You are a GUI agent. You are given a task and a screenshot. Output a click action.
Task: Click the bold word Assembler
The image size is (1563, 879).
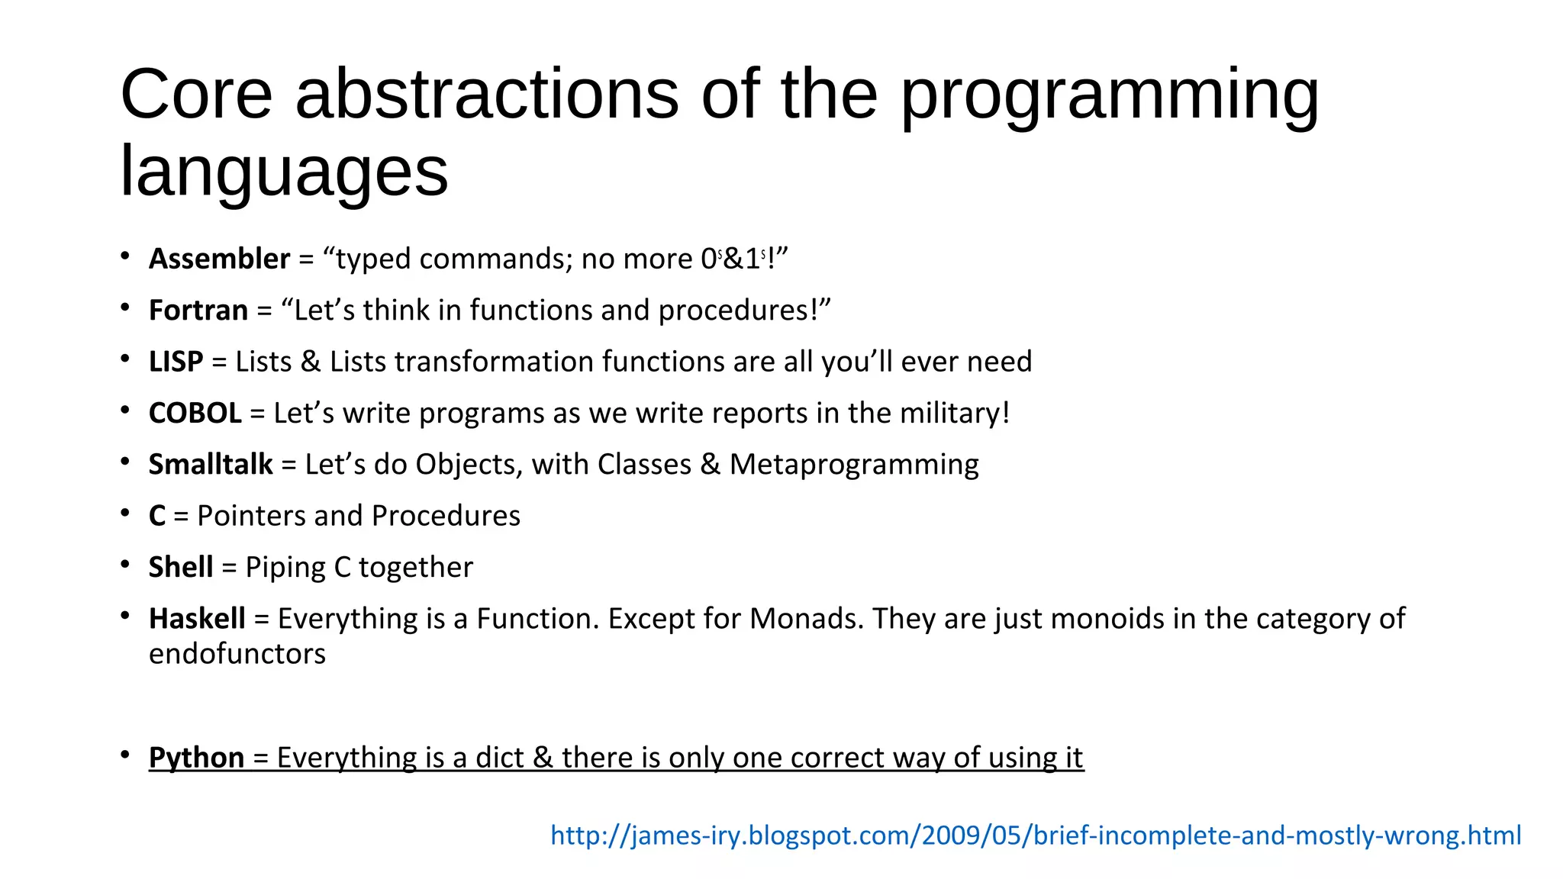click(x=219, y=259)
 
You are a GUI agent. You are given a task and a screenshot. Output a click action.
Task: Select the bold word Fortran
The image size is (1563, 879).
click(x=198, y=311)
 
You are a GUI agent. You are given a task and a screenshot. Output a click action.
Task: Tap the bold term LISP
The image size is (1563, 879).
click(x=176, y=362)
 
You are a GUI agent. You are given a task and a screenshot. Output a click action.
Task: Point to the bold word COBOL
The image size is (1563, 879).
click(x=195, y=414)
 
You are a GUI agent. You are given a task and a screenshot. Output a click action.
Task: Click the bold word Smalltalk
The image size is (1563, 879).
click(x=211, y=465)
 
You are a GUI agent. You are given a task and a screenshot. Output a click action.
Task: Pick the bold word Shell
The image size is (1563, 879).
click(x=181, y=568)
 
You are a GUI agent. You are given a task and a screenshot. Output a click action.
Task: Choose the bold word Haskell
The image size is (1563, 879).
click(x=197, y=619)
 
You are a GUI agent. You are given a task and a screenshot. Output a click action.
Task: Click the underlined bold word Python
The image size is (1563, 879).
click(x=196, y=758)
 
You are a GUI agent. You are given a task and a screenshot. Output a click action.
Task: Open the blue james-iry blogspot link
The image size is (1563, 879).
click(x=1036, y=836)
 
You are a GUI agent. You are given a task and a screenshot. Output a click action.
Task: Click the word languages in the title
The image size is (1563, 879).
click(x=284, y=172)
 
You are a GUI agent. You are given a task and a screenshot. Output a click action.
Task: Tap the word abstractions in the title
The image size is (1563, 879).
click(x=487, y=95)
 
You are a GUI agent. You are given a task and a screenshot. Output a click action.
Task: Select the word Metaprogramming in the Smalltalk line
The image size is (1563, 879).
click(x=854, y=465)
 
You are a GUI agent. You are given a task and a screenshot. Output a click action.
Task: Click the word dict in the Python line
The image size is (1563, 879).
click(x=499, y=758)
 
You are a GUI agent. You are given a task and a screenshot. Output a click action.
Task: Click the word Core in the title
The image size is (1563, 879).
click(x=196, y=95)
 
